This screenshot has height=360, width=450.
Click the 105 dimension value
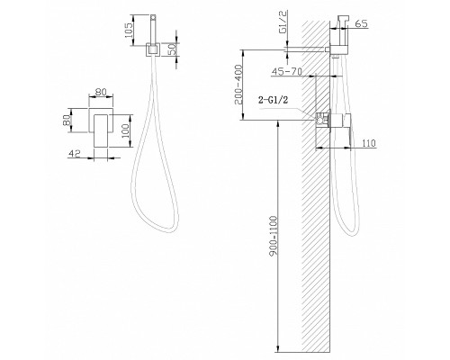pyautogui.click(x=129, y=33)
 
